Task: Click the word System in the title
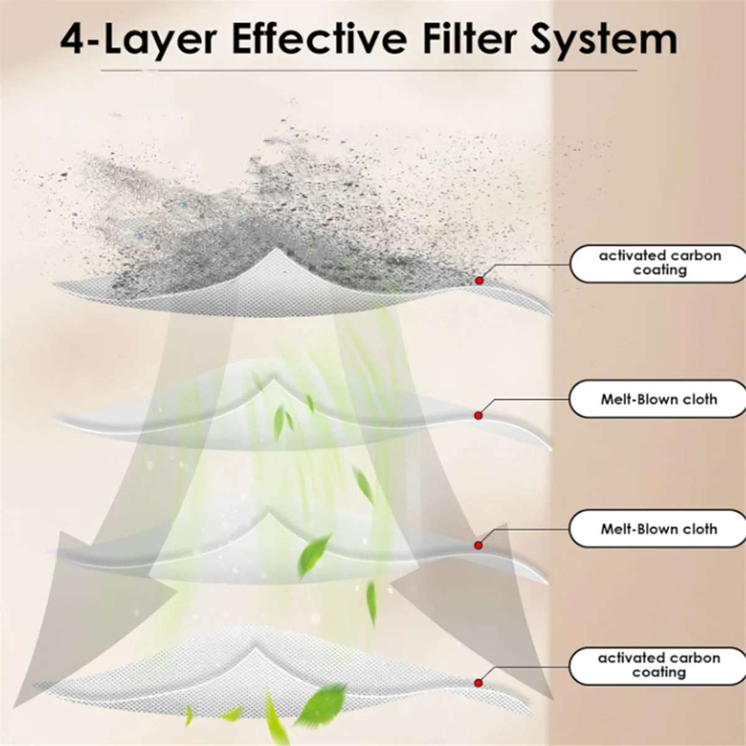(604, 40)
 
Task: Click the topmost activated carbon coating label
(658, 263)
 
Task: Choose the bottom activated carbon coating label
(658, 665)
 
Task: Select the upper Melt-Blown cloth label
(658, 399)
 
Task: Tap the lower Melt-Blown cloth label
(658, 529)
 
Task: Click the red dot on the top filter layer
(479, 280)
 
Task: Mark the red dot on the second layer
(479, 415)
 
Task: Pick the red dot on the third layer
(479, 545)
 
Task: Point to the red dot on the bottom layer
(479, 683)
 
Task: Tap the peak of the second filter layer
(274, 380)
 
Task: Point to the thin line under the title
(369, 71)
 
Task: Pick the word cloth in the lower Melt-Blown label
(699, 529)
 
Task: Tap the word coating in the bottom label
(659, 673)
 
